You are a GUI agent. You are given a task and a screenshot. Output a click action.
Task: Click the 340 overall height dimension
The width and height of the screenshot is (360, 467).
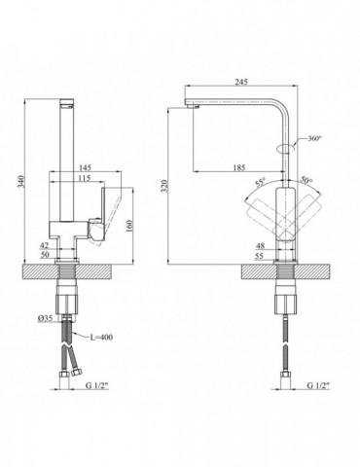tap(21, 181)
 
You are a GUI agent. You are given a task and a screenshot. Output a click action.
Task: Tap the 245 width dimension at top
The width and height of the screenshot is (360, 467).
tap(241, 82)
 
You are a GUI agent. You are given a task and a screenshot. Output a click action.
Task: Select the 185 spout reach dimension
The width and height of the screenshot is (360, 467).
tap(239, 167)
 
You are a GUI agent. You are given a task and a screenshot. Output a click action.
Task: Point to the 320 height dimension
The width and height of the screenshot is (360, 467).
tap(164, 186)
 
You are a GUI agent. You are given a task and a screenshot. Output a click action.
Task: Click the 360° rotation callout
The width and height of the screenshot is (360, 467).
tap(314, 138)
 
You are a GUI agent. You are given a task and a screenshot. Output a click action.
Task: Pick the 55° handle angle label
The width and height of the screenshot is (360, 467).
tap(260, 182)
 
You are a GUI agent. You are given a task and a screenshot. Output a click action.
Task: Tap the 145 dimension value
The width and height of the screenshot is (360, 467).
tap(85, 167)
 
